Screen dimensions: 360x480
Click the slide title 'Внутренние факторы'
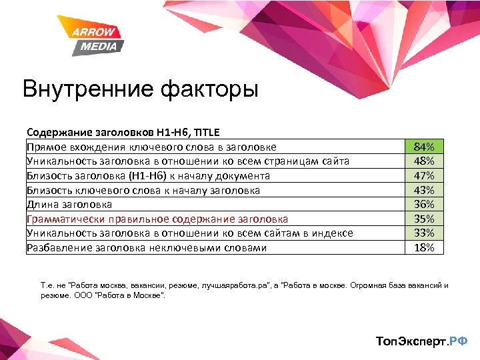140,89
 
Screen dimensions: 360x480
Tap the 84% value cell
424,147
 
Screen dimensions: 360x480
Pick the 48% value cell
424,161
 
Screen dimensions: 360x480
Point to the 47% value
424,176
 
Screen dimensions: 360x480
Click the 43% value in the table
424,190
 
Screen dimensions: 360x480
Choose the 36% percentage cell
424,204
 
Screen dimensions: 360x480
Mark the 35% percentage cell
424,219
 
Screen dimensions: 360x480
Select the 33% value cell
424,233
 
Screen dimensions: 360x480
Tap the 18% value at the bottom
424,247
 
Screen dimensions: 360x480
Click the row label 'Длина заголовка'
69,205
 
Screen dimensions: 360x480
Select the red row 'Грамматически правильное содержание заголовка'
157,219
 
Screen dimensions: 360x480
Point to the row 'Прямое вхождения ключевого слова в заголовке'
151,147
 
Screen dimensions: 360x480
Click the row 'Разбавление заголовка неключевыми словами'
147,247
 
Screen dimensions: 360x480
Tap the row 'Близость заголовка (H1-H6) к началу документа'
148,176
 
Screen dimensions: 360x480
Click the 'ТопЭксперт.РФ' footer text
422,341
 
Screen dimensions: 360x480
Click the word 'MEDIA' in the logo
99,46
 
